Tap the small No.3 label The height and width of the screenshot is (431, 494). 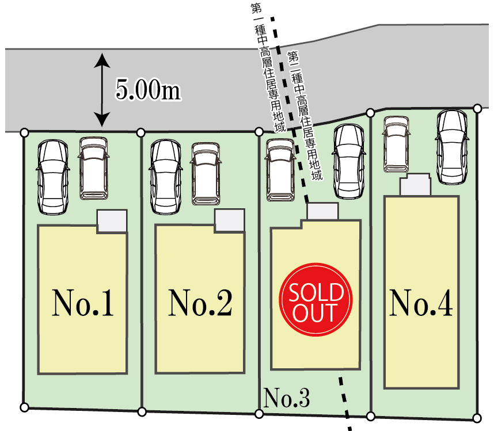click(287, 397)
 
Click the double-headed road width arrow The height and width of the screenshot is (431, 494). click(102, 90)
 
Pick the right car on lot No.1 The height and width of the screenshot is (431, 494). click(94, 169)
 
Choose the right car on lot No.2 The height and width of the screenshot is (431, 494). click(205, 173)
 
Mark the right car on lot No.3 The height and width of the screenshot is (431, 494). click(349, 162)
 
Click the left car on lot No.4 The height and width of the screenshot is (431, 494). click(396, 145)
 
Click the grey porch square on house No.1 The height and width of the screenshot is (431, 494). click(112, 222)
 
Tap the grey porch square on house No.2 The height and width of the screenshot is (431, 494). click(229, 221)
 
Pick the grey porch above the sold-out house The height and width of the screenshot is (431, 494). click(322, 211)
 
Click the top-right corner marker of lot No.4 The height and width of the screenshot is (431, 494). click(477, 108)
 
